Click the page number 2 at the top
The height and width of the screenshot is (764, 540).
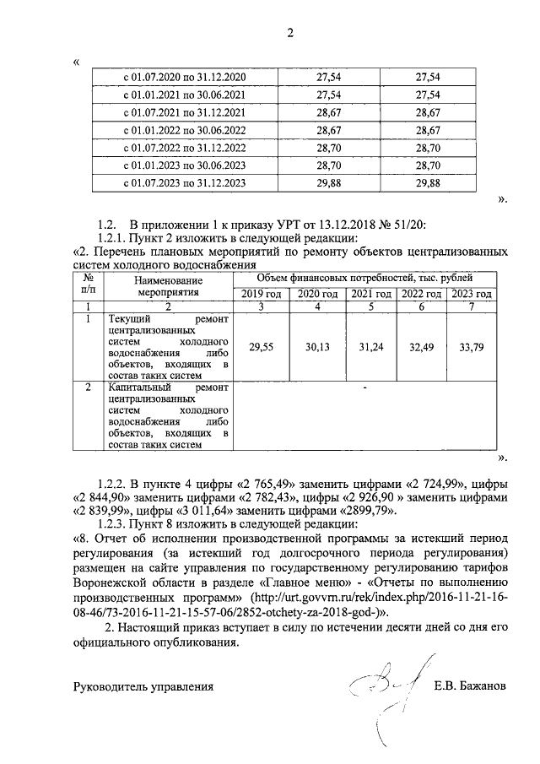point(290,34)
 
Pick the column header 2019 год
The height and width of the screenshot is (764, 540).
point(260,293)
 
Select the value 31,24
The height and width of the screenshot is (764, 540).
point(372,346)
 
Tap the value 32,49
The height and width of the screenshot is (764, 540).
point(422,346)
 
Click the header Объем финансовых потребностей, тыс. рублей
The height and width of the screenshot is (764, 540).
point(364,278)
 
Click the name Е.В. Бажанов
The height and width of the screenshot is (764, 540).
point(470,686)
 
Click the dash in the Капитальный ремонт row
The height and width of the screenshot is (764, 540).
point(364,388)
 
